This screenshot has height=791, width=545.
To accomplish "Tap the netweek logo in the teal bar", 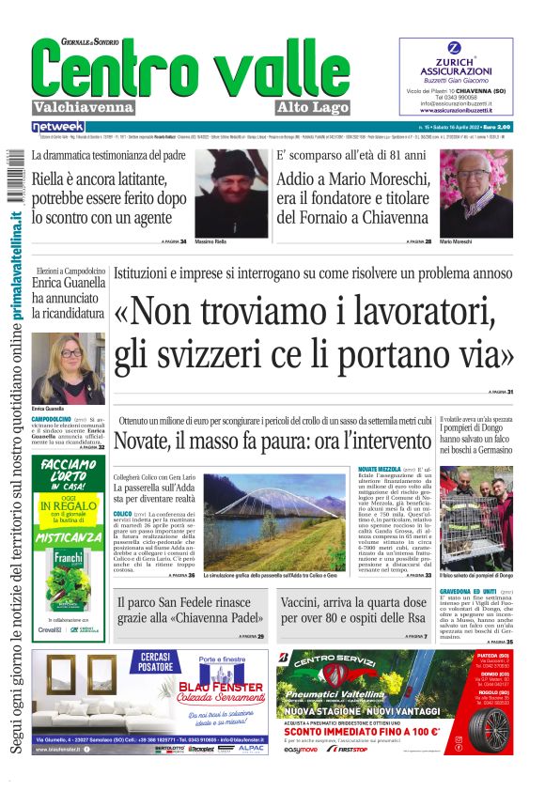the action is coord(57,127).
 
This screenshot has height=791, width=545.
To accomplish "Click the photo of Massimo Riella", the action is coord(232,191).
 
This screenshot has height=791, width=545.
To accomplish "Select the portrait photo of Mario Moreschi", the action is coord(476,191).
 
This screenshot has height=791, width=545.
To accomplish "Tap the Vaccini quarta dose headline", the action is coord(353,612).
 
